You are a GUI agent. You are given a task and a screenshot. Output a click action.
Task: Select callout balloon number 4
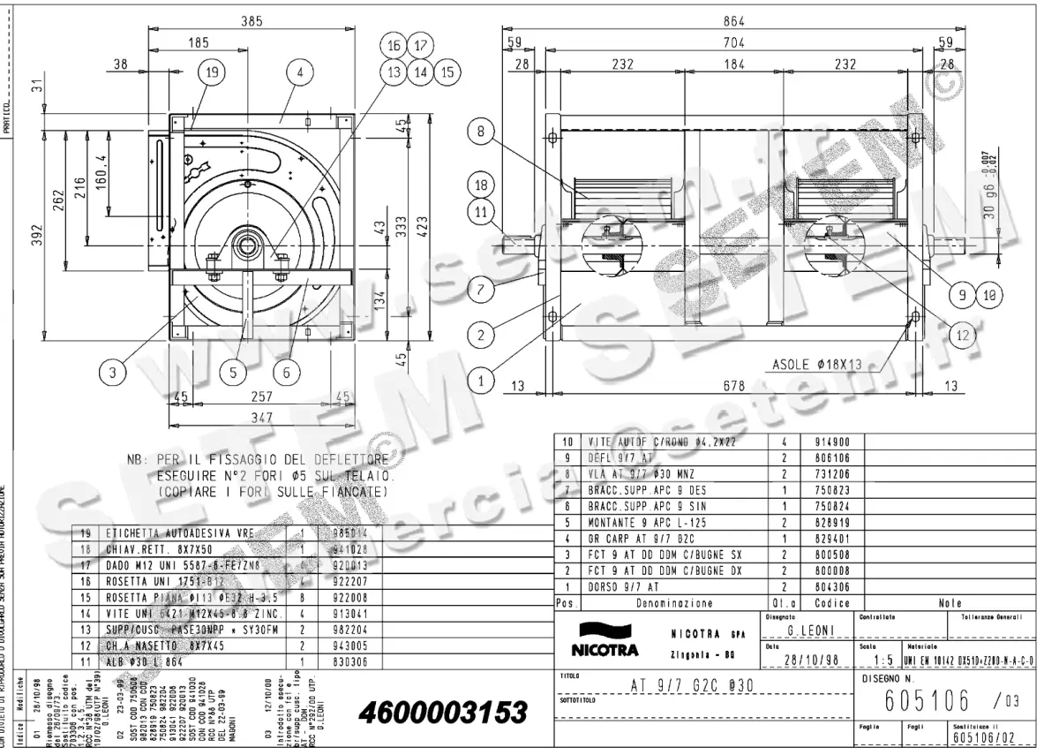click(300, 73)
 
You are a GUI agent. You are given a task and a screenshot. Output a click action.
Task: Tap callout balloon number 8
click(481, 132)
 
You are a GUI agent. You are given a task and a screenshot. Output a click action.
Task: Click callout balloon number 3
click(112, 372)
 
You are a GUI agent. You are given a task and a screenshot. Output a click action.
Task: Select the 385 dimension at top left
click(252, 21)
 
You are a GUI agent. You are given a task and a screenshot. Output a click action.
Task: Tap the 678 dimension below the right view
click(734, 385)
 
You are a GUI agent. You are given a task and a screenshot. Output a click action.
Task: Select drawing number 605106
click(918, 701)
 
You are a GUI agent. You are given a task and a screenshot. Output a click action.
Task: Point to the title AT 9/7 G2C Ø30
click(691, 685)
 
